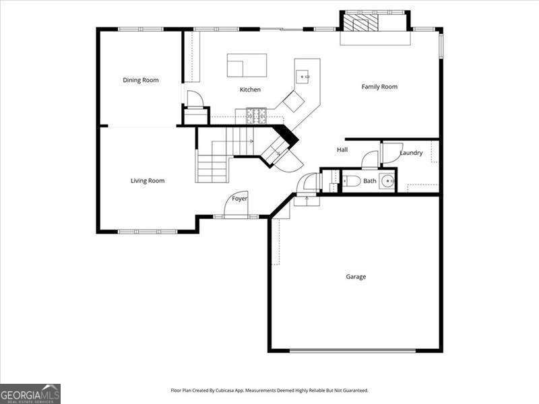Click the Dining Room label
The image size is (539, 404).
click(x=141, y=80)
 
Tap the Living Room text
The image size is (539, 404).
click(x=148, y=180)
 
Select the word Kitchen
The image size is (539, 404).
click(x=250, y=90)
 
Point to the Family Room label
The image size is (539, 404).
click(x=379, y=86)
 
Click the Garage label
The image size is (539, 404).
click(x=356, y=277)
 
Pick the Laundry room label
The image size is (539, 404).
click(x=411, y=153)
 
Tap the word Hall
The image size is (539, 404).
click(x=342, y=149)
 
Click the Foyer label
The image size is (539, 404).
click(x=239, y=199)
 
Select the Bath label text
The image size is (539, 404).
click(x=370, y=180)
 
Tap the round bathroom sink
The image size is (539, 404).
click(x=387, y=180)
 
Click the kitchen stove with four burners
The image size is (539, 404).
click(x=256, y=116)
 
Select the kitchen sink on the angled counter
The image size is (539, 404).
click(x=305, y=77)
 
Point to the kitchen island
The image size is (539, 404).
click(x=246, y=65)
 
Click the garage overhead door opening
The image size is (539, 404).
click(x=352, y=350)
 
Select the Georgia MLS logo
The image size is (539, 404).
click(x=30, y=393)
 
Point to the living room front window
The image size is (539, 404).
click(x=148, y=232)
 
